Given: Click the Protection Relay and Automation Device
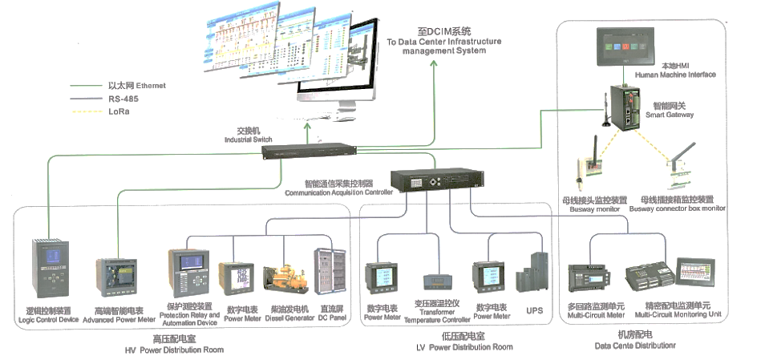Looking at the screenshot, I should (x=188, y=273).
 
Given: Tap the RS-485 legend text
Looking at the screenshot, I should (x=123, y=99).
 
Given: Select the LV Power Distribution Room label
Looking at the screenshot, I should (x=464, y=347).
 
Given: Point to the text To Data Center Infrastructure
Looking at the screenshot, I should (x=443, y=41).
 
